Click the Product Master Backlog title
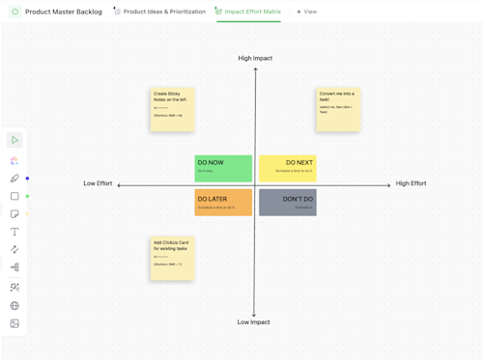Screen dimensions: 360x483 [63, 12]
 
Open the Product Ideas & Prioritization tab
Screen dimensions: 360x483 [164, 12]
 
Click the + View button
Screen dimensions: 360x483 [306, 12]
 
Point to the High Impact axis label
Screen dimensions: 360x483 [255, 58]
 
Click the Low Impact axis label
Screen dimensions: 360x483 [254, 322]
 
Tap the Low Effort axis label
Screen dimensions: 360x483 [98, 183]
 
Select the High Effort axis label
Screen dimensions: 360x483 [411, 183]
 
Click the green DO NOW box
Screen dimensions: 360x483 [223, 168]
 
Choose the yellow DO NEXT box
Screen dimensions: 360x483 [288, 168]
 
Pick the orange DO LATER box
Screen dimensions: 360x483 [223, 202]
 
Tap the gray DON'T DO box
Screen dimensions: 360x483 [288, 202]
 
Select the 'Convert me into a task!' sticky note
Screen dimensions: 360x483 [338, 109]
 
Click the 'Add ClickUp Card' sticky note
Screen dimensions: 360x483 [172, 258]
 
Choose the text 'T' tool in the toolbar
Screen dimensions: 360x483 [14, 232]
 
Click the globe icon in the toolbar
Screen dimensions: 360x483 [14, 306]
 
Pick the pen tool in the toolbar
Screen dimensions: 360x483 [14, 179]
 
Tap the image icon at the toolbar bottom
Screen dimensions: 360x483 [14, 324]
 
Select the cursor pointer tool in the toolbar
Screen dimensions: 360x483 [14, 140]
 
